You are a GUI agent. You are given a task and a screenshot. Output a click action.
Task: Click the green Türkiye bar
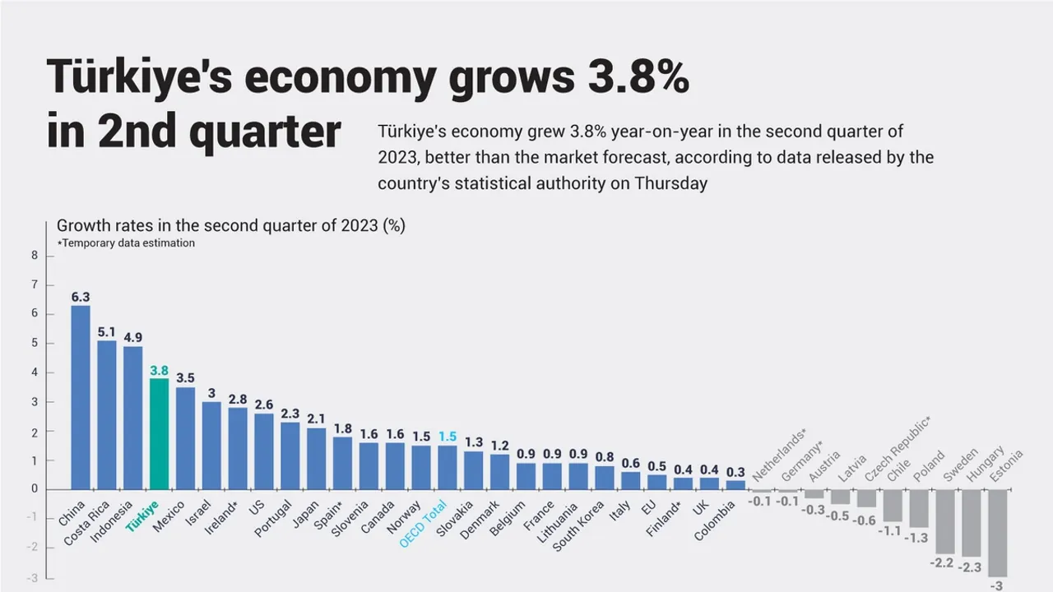click(159, 433)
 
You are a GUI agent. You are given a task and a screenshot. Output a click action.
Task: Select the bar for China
click(81, 397)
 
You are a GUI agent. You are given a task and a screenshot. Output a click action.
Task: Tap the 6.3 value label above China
click(81, 297)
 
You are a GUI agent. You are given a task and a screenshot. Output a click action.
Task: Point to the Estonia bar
click(998, 533)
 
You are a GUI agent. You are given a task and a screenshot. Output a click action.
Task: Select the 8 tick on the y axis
click(35, 256)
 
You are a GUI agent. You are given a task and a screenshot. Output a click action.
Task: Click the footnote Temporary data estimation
click(128, 243)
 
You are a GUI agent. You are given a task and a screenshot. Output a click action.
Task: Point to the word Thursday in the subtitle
click(670, 183)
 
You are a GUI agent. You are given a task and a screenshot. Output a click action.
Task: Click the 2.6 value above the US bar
click(265, 405)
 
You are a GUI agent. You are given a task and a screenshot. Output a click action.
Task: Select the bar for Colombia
click(735, 485)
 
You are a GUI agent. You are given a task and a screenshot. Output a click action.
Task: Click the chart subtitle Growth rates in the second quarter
click(230, 225)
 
